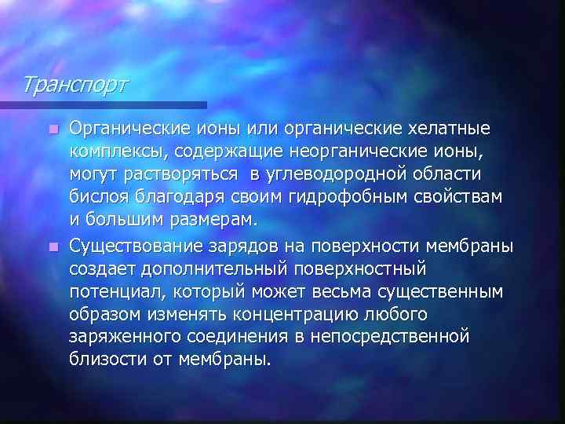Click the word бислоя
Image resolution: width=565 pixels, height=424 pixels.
96,194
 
